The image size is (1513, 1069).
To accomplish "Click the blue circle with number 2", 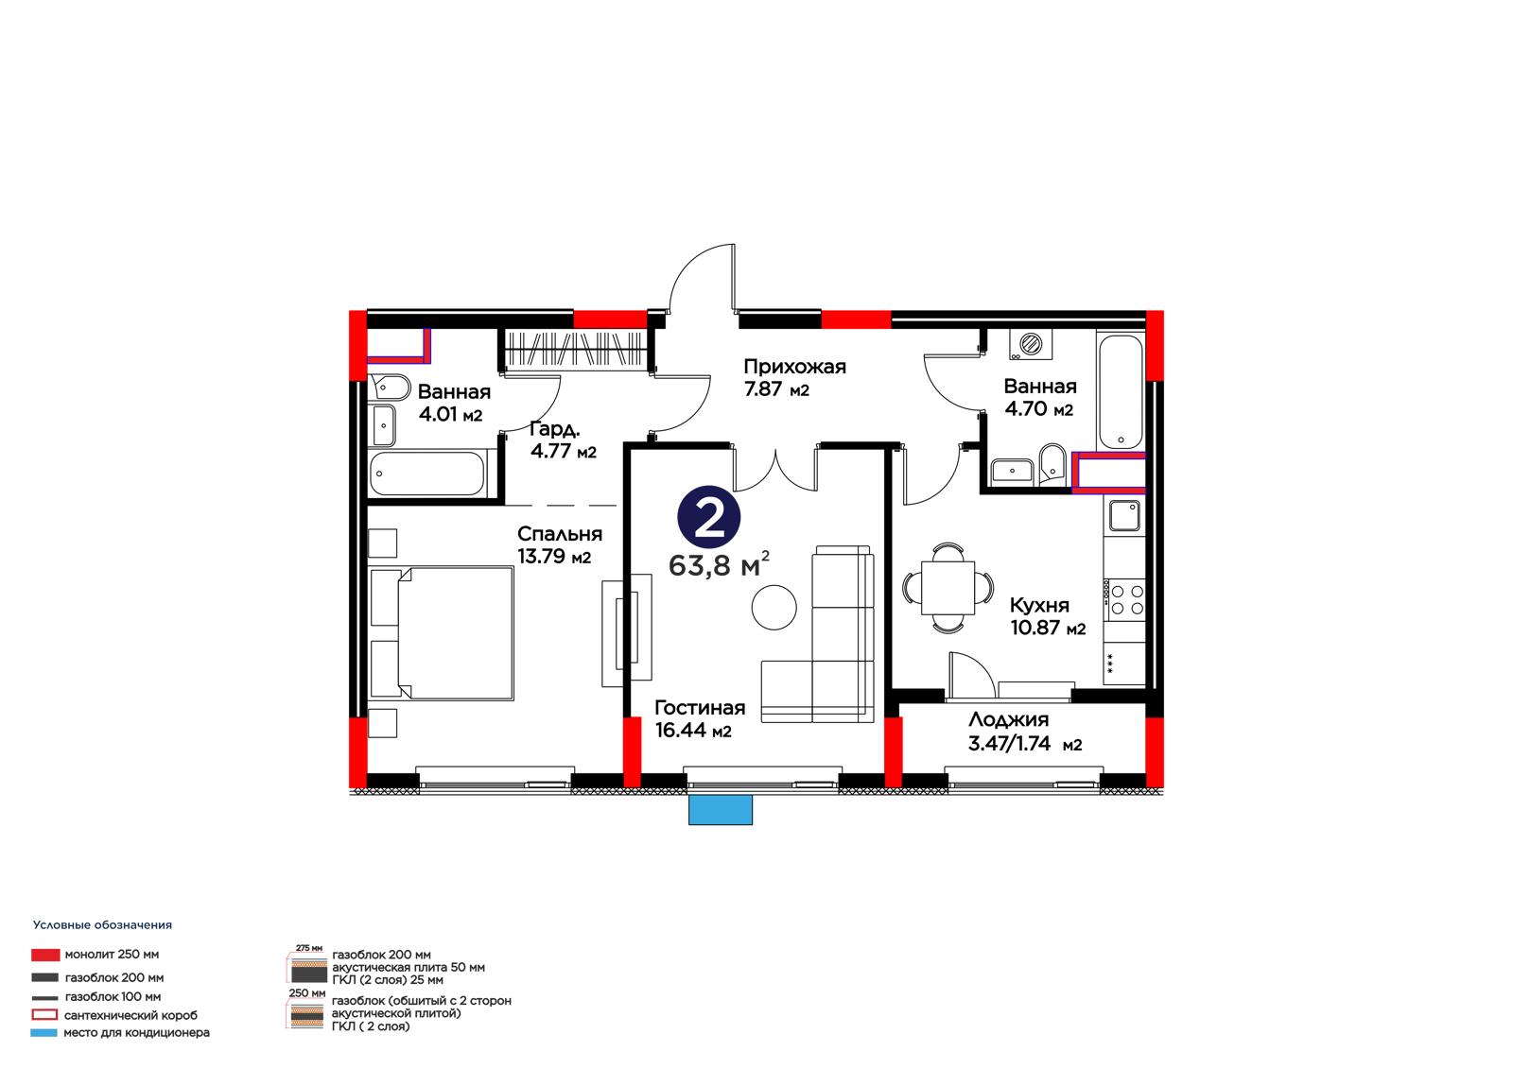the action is (708, 517).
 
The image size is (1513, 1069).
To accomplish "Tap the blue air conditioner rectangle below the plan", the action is (720, 810).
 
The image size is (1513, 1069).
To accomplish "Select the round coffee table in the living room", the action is (774, 607).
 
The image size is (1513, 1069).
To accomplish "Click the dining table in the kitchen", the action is (948, 588).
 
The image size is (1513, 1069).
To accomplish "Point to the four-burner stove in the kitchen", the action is (1126, 600).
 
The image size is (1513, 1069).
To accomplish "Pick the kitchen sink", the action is (1124, 516).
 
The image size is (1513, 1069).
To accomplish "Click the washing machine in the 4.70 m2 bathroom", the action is (1030, 344).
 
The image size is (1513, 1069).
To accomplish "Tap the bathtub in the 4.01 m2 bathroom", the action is (426, 474).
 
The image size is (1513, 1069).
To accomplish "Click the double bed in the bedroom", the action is (443, 633).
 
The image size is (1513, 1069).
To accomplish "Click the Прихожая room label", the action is (794, 368).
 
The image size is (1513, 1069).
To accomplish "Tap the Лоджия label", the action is (1008, 720).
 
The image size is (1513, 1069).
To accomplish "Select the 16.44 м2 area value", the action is (693, 731).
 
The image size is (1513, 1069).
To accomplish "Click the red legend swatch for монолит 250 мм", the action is (45, 955).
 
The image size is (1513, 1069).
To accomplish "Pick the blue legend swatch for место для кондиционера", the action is (43, 1032).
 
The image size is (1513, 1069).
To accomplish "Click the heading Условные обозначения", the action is (103, 925).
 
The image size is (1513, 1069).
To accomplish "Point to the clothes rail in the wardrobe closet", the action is (574, 350).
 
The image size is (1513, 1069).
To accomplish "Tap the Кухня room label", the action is (1039, 605).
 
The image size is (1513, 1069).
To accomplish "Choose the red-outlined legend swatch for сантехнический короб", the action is (44, 1015).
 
